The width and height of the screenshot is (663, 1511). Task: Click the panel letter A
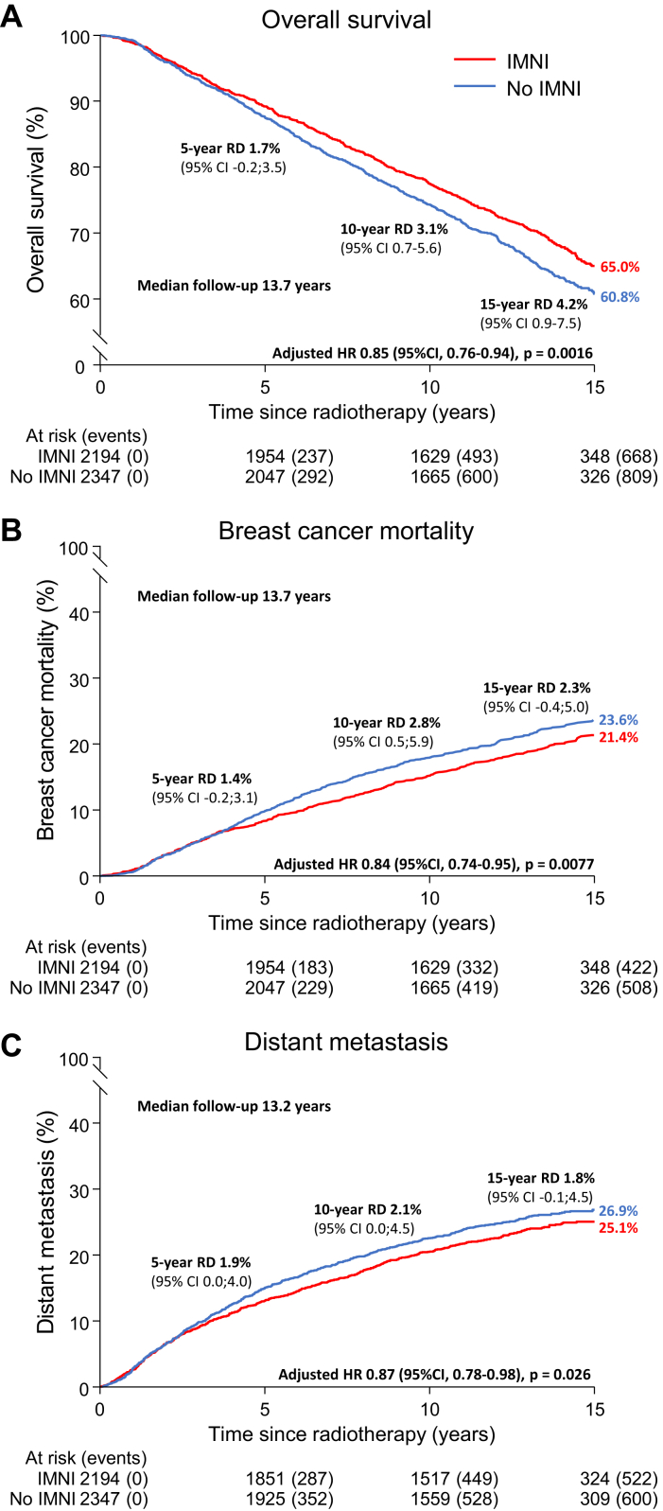(x=12, y=17)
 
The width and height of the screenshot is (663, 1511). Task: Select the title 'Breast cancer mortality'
(x=345, y=531)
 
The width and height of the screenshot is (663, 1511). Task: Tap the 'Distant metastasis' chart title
(x=345, y=1042)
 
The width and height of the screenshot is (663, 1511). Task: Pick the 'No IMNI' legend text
(x=544, y=89)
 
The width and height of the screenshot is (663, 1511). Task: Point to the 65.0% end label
(x=620, y=268)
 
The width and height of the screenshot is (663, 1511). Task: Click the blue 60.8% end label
(x=620, y=297)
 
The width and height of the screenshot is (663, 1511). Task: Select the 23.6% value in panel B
(x=619, y=720)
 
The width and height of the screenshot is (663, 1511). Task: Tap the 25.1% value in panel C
(x=619, y=1228)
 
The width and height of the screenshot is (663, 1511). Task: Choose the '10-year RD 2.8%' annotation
(x=386, y=723)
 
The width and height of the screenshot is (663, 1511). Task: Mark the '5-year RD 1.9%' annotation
(x=201, y=1262)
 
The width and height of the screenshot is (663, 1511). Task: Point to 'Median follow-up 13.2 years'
(x=234, y=1106)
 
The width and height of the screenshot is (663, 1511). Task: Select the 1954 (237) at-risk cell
(x=289, y=457)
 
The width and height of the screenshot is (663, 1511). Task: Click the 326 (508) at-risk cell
(x=619, y=988)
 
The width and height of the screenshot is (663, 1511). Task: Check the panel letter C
(x=12, y=1043)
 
